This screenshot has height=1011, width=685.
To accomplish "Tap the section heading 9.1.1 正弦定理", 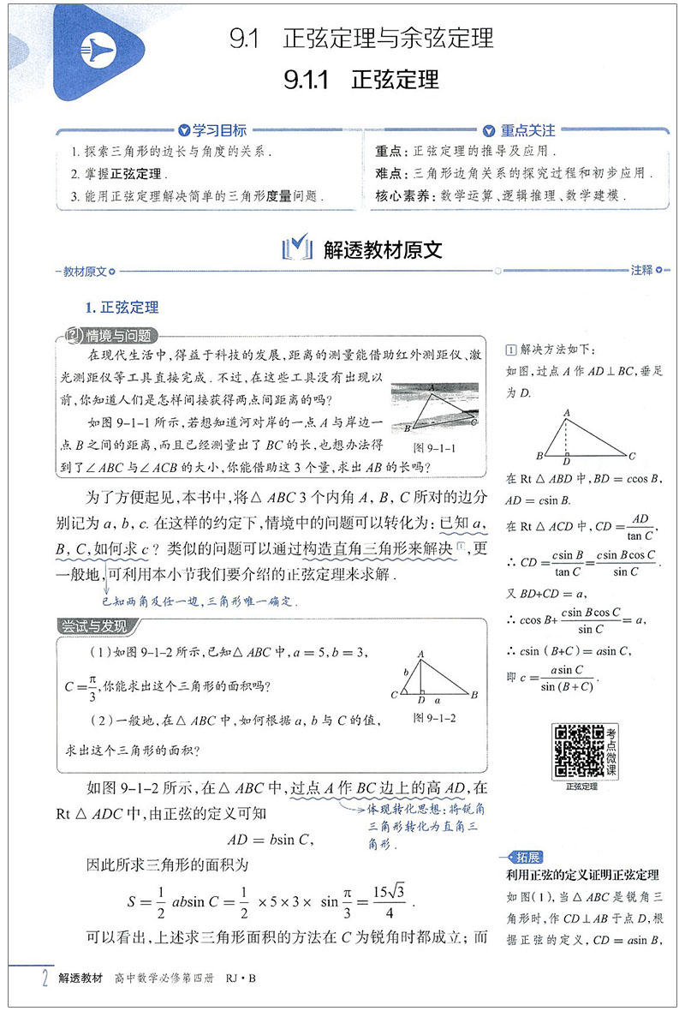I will [x=361, y=80].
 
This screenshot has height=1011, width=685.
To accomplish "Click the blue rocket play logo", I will [x=101, y=51].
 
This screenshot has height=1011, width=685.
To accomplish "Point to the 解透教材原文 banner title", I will [x=383, y=249].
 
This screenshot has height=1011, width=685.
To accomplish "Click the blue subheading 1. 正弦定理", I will [x=122, y=308].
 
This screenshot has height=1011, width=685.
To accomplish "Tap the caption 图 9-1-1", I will [x=434, y=447].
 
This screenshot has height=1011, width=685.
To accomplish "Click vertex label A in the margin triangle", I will [x=566, y=413].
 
